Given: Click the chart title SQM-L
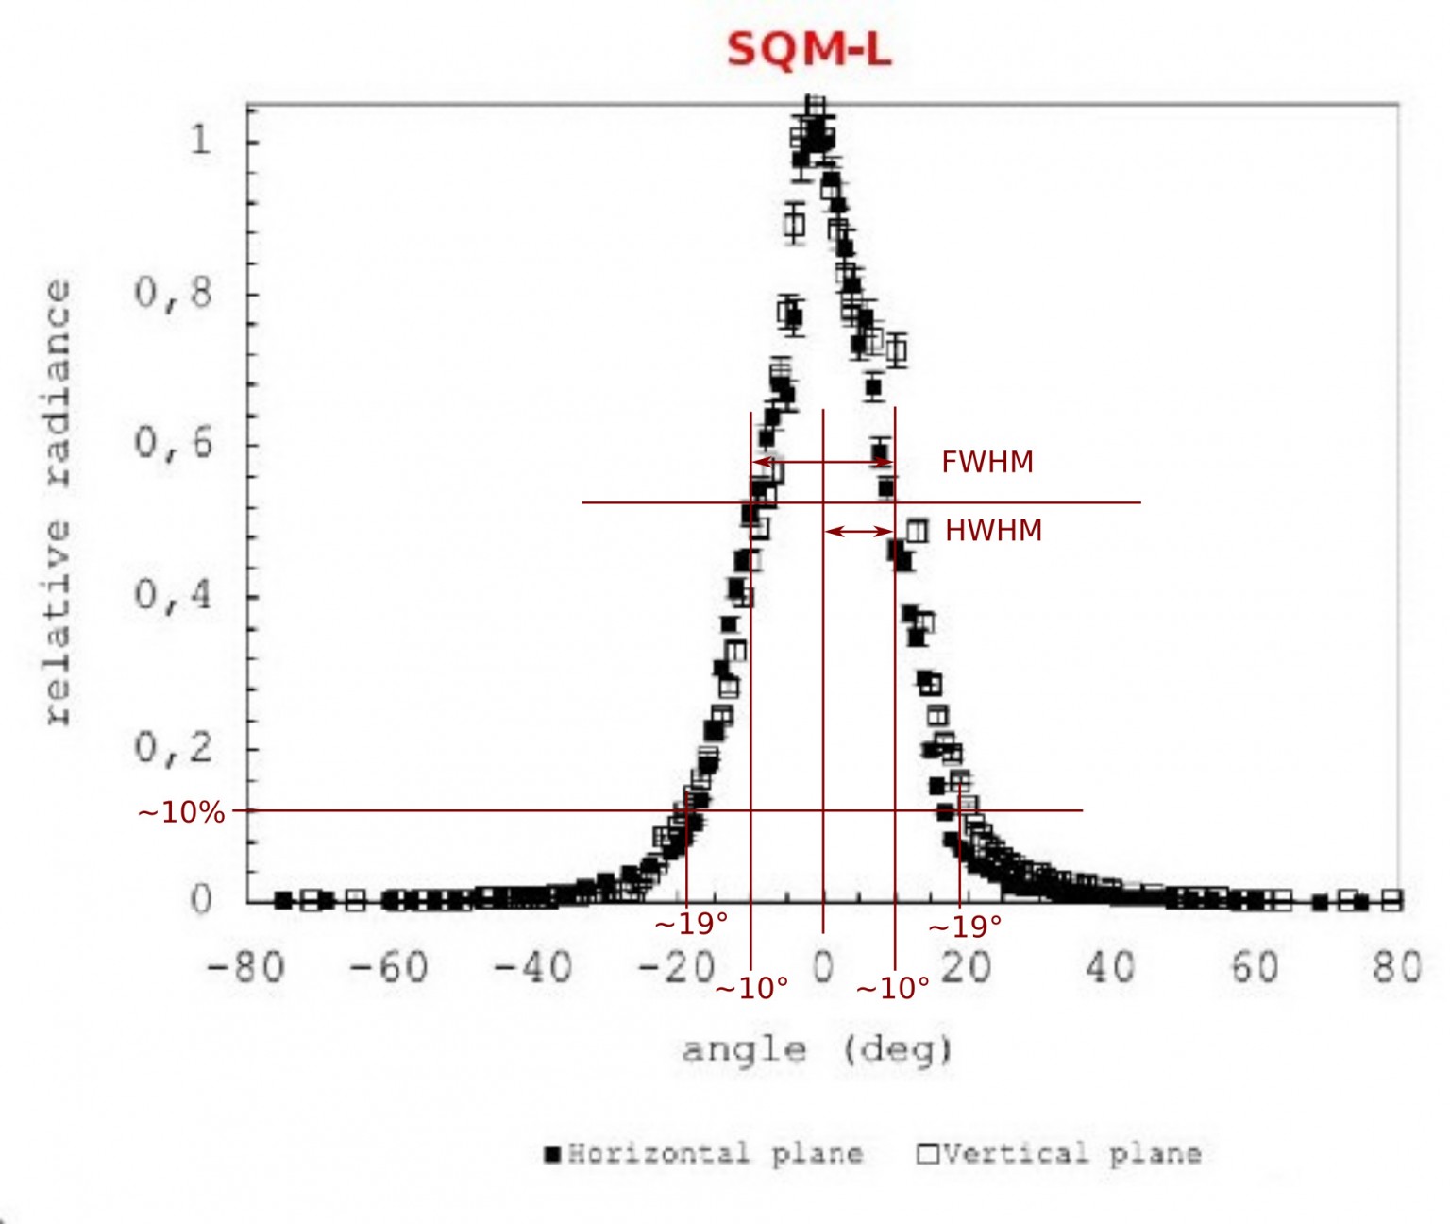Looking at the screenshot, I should click(809, 49).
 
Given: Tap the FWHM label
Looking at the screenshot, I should click(987, 462).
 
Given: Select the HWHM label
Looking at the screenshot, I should click(993, 531).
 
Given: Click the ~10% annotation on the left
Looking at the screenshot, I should click(181, 812).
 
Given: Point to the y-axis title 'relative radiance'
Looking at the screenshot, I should click(58, 501).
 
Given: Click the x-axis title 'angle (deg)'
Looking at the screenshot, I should click(818, 1049).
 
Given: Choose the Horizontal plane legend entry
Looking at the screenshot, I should click(704, 1153).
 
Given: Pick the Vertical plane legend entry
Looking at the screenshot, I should click(1060, 1153).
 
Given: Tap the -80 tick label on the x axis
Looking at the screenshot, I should click(245, 968).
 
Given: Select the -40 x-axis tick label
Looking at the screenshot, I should click(532, 968).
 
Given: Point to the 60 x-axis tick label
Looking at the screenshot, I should click(1254, 968).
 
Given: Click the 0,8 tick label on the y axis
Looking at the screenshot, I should click(174, 293).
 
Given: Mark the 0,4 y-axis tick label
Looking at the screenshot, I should click(174, 595).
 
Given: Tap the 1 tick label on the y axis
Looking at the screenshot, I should click(200, 140).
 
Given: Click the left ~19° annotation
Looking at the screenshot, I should click(691, 924).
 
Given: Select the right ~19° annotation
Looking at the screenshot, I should click(965, 927).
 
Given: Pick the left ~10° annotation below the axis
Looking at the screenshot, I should click(751, 988).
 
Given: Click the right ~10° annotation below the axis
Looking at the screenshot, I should click(892, 988).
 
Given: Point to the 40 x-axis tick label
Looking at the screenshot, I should click(1109, 968).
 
